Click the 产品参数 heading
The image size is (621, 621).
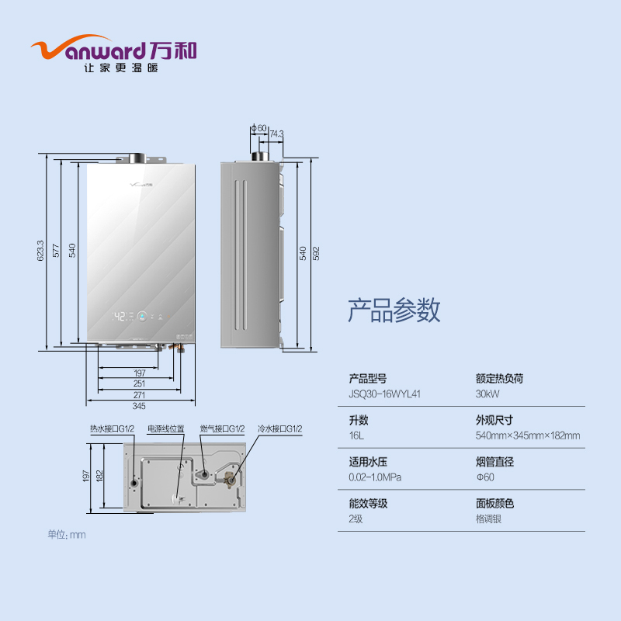(x=394, y=310)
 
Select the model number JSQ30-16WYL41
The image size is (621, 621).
(x=385, y=394)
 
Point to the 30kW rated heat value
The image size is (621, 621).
(x=487, y=394)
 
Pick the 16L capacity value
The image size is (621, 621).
(x=356, y=435)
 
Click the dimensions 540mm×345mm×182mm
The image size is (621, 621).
(x=527, y=435)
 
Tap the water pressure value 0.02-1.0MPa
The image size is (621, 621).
(x=375, y=477)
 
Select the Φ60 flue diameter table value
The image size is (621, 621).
(x=484, y=477)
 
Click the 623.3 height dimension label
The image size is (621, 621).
(x=40, y=251)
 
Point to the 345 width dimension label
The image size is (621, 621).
(x=139, y=405)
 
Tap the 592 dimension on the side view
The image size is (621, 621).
(x=317, y=253)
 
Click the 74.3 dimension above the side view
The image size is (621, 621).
(x=276, y=134)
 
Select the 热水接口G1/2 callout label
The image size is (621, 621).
(x=112, y=428)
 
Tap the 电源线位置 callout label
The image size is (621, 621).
(x=166, y=428)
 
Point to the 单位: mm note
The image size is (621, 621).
(x=66, y=534)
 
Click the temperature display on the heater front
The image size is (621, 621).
(x=120, y=317)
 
